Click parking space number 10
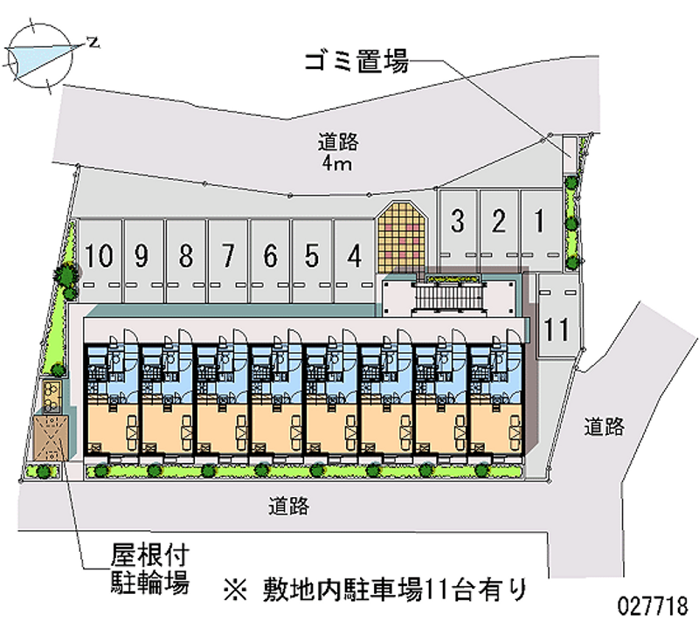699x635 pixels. pos(100,257)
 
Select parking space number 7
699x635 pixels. pos(228,257)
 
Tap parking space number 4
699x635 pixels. pos(354,257)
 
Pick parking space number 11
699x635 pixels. pos(557,328)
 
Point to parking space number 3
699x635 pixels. pos(456,222)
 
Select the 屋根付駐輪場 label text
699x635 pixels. pos(149,569)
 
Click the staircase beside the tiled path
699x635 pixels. pos(449,298)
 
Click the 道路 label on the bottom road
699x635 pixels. pos(289,505)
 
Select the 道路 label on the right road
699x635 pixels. pos(605,426)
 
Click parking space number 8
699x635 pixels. pos(185,257)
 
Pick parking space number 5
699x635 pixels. pos(312,257)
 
